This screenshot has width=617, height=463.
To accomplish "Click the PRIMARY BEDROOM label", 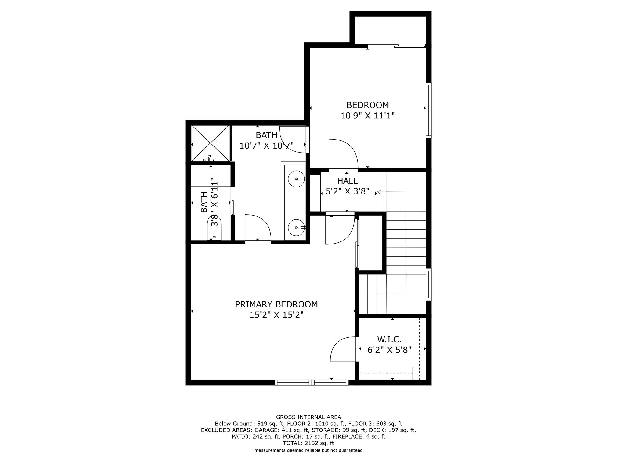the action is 276,304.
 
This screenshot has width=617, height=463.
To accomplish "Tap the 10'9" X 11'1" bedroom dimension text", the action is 368,115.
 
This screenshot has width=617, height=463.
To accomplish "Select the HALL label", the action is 347,181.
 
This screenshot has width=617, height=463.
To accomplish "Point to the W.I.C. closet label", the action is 390,340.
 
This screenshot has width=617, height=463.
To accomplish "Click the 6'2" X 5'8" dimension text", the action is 390,350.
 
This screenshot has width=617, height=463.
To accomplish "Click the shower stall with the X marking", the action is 211,143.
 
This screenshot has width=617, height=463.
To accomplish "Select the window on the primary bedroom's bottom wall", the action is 312,382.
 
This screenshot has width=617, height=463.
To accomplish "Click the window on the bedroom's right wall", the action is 428,110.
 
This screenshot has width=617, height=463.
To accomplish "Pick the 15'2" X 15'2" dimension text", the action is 276,315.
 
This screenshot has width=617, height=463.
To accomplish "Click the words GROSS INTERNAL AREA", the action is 308,417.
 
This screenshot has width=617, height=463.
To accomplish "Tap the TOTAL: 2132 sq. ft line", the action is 308,443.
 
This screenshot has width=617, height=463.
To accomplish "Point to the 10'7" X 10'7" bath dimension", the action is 267,146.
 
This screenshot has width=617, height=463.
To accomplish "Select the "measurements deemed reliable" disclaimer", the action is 308,450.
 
